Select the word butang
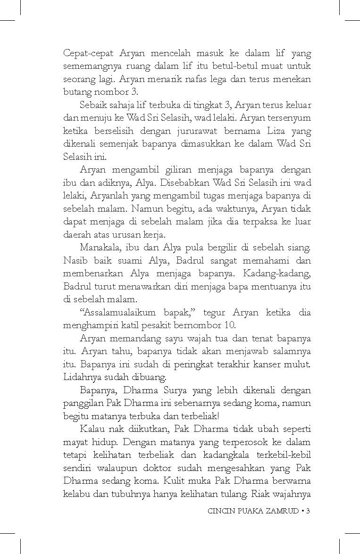(76, 91)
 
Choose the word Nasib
(74, 260)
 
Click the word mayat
(75, 442)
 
